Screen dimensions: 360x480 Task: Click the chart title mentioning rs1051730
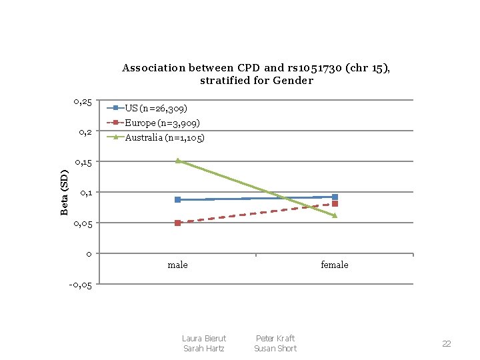click(x=256, y=74)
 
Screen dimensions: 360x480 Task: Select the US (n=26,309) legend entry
click(x=156, y=108)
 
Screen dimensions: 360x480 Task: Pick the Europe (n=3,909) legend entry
click(x=162, y=123)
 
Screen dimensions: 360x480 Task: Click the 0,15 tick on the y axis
click(x=85, y=162)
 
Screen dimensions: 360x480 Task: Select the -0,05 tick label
click(x=82, y=285)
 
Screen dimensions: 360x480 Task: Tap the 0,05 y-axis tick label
click(x=85, y=223)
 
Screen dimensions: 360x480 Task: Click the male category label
click(x=177, y=265)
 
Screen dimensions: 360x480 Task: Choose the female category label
click(x=334, y=265)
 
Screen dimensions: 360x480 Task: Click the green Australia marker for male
click(x=177, y=161)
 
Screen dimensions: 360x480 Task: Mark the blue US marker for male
click(x=177, y=199)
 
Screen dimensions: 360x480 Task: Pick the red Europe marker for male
click(x=177, y=223)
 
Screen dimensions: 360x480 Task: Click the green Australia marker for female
click(x=335, y=215)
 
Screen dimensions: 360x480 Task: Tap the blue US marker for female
click(x=335, y=197)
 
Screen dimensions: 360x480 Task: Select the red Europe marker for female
click(x=335, y=204)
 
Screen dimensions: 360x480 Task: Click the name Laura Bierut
click(x=204, y=339)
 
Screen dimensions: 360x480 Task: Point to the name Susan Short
click(x=275, y=349)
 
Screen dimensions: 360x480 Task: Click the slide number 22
click(x=446, y=344)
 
